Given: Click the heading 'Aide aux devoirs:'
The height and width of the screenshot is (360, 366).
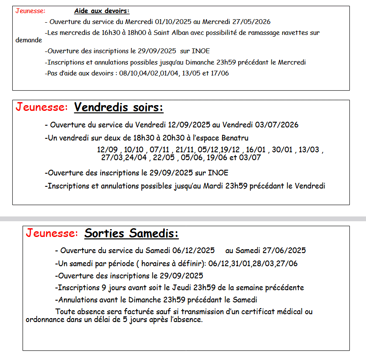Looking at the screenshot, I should click(x=102, y=11).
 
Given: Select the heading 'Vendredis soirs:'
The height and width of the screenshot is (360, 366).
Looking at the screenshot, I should click(x=119, y=107).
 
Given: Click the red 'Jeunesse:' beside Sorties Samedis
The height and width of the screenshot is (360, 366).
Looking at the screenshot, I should click(x=52, y=233).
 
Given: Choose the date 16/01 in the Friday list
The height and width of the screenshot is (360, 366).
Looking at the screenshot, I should click(x=256, y=150).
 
